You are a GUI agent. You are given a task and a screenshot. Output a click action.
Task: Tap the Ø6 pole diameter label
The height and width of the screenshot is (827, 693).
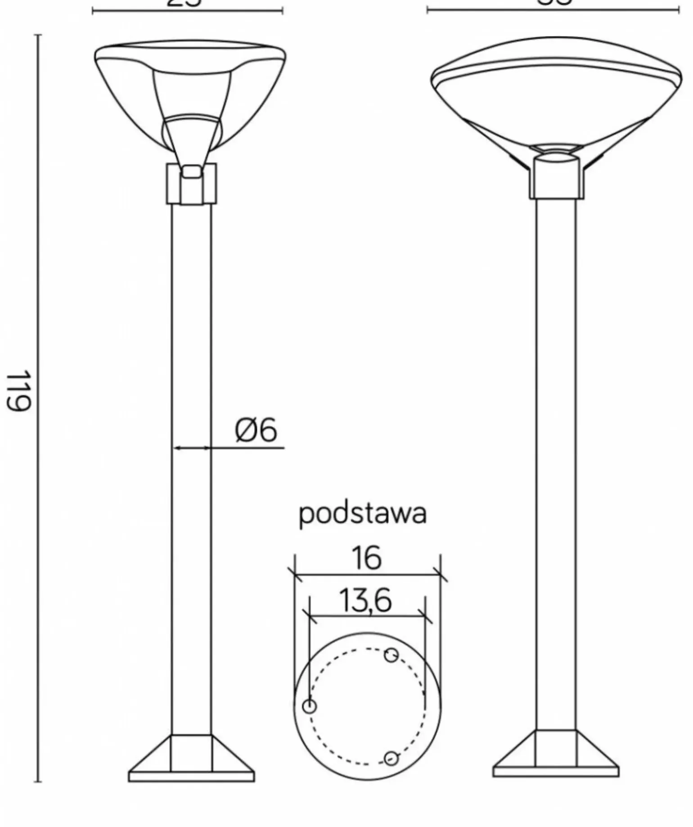(256, 430)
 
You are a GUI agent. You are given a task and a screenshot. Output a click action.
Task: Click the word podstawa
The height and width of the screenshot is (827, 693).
(363, 514)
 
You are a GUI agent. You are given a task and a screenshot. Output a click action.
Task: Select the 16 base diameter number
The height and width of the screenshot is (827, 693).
(367, 558)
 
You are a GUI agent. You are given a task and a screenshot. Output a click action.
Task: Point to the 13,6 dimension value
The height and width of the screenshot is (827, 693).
(365, 601)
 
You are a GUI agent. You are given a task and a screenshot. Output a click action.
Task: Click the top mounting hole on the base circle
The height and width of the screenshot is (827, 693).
(391, 655)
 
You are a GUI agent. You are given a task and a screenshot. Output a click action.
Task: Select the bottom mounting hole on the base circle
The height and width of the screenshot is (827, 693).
(391, 759)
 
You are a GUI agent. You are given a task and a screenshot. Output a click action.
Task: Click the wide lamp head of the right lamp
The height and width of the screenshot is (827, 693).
(556, 95)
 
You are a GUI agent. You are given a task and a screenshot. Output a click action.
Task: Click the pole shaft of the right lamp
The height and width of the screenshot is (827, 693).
(556, 450)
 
